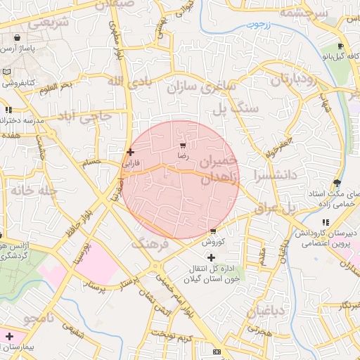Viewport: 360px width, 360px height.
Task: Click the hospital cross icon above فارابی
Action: tap(130, 151)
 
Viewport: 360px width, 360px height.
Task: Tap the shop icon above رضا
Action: tap(183, 146)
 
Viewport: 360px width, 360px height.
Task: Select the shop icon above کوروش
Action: tap(212, 231)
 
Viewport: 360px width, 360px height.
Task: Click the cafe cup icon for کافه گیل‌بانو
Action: tap(325, 55)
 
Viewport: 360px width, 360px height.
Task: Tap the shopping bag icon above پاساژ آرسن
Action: tap(16, 38)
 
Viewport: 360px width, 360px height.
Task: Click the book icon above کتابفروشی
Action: tap(6, 72)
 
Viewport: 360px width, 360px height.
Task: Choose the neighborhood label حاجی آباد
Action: tap(84, 114)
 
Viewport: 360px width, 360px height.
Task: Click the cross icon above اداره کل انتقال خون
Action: tap(212, 258)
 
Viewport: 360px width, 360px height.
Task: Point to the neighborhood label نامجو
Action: tap(39, 319)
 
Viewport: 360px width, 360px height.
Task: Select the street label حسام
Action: tap(92, 162)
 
